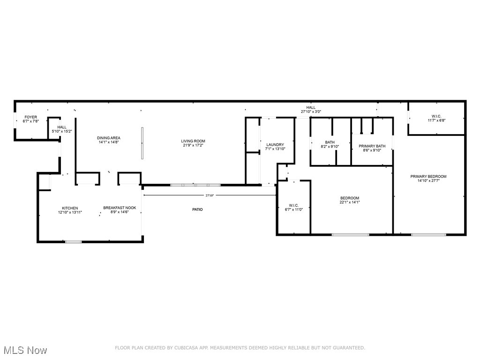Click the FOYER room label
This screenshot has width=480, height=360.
click(x=30, y=117)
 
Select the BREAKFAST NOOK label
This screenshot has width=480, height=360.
click(x=120, y=208)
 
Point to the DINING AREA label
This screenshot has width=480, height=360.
click(x=109, y=138)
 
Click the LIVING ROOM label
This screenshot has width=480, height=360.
click(x=193, y=141)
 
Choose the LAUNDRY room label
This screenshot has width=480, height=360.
click(x=275, y=144)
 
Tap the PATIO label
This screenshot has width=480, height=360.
click(x=197, y=210)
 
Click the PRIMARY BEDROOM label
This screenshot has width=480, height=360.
click(x=428, y=177)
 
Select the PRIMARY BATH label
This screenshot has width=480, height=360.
click(x=372, y=146)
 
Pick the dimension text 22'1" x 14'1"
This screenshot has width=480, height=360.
click(x=350, y=203)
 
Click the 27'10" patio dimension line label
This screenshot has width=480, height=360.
click(x=210, y=195)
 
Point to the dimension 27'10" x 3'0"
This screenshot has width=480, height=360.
click(x=311, y=112)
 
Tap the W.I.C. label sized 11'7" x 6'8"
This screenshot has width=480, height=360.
click(x=436, y=116)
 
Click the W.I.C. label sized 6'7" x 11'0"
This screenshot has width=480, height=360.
click(x=294, y=205)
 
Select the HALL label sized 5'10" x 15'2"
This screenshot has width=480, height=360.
click(x=62, y=127)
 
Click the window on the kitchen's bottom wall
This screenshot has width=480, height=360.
click(x=73, y=242)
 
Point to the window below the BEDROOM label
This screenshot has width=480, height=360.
click(x=350, y=234)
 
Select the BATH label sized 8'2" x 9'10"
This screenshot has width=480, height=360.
click(x=330, y=142)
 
